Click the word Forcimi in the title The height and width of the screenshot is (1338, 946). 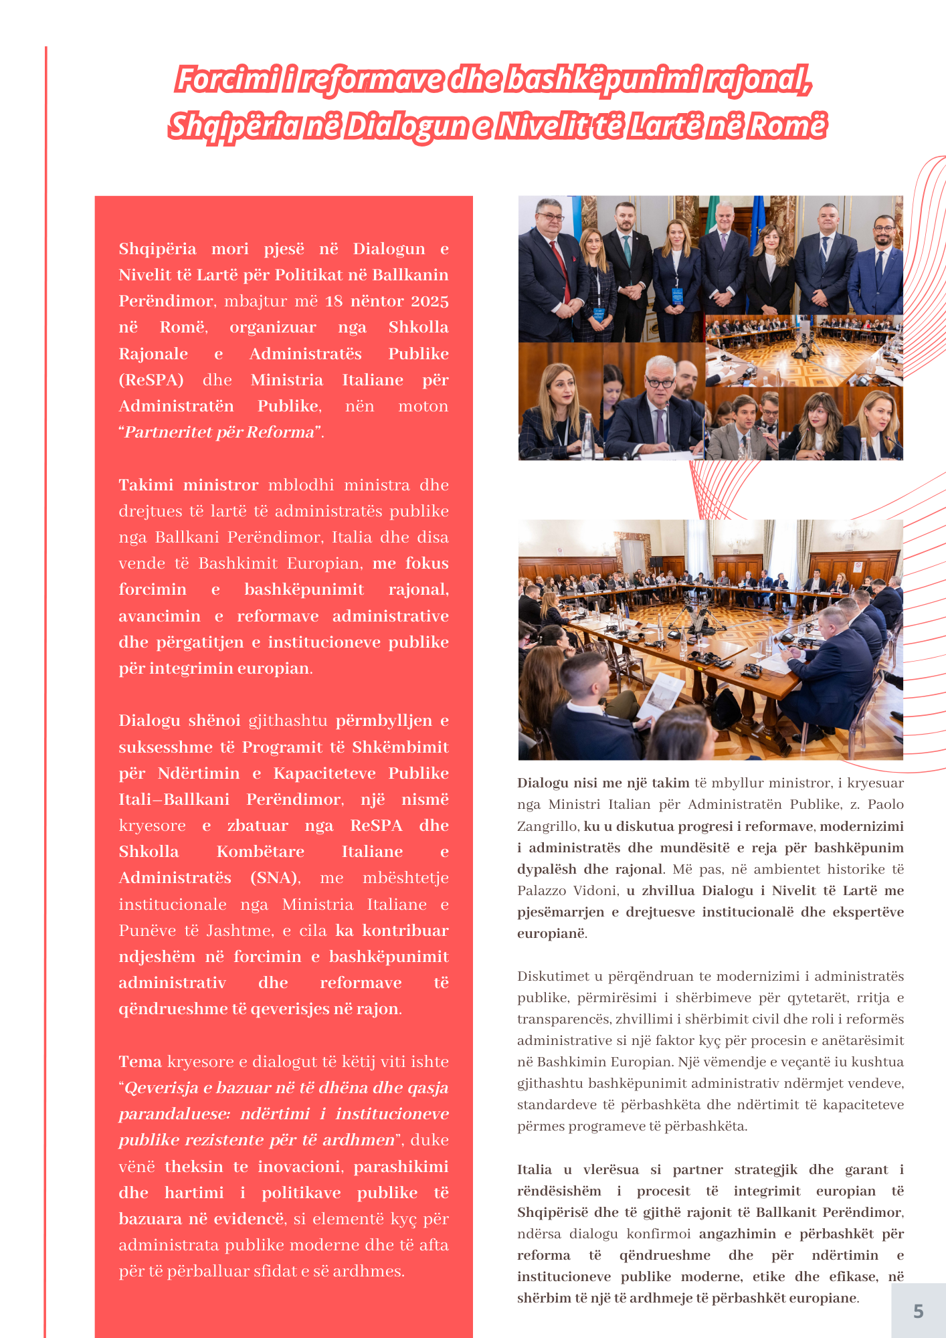[226, 80]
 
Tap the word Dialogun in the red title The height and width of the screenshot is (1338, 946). [405, 126]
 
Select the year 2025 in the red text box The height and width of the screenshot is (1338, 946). [430, 301]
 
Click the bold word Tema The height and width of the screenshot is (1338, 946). [140, 1062]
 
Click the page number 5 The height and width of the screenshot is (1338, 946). [918, 1311]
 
